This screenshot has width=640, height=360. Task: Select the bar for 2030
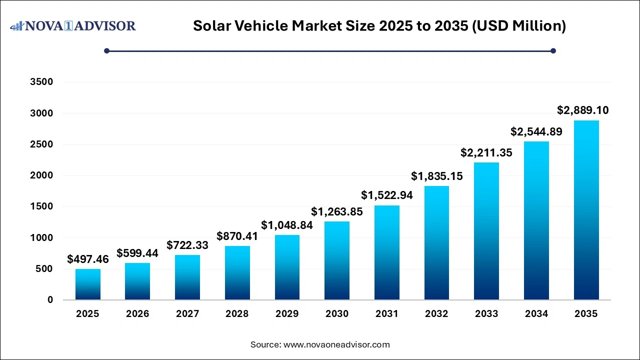click(x=337, y=260)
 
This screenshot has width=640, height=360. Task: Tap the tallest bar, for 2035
click(x=586, y=210)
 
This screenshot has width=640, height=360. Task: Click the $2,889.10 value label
click(x=583, y=110)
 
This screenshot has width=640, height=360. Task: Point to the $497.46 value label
click(x=88, y=259)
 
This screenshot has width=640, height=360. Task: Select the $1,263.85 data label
click(x=337, y=211)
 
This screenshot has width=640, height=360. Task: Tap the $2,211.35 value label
click(x=486, y=152)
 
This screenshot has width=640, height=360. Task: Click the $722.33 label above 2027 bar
click(x=187, y=245)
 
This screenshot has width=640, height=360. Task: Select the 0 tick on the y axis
click(x=50, y=300)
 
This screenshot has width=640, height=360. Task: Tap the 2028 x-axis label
click(x=237, y=314)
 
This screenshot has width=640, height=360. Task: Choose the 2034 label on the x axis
click(x=536, y=314)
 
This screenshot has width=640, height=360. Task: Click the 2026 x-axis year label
click(x=137, y=314)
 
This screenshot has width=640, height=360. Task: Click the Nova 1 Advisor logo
click(x=73, y=25)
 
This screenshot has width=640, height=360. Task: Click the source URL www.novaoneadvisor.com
click(x=336, y=344)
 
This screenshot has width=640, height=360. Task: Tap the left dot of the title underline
click(x=106, y=50)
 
